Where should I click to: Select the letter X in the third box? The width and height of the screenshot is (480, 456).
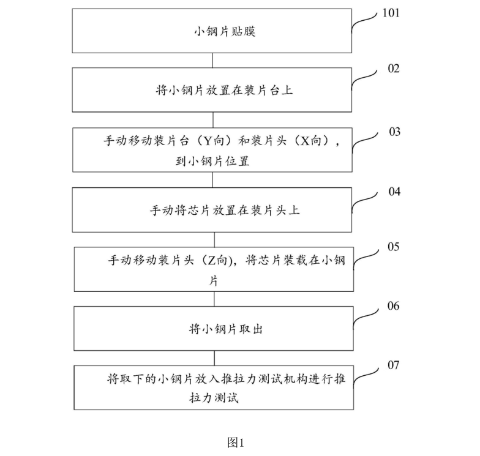tap(304, 141)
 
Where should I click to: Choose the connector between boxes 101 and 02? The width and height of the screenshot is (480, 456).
tap(212, 60)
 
